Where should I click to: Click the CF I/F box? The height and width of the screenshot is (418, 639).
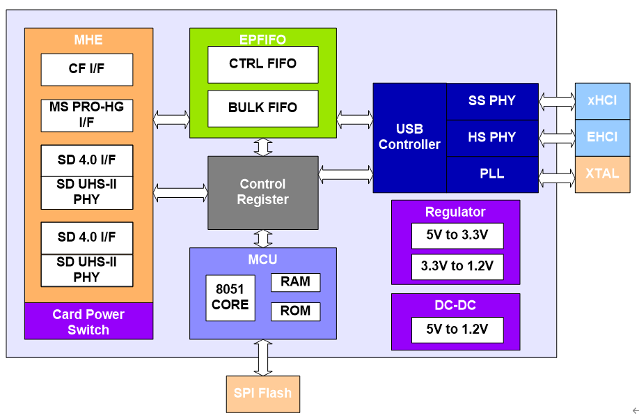[87, 70]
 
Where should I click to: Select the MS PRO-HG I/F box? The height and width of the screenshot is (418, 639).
[87, 116]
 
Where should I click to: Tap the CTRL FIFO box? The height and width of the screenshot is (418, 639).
[263, 64]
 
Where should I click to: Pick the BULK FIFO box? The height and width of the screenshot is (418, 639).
[263, 109]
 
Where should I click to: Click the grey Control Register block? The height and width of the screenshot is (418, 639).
[263, 192]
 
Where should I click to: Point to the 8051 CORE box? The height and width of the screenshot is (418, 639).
[230, 297]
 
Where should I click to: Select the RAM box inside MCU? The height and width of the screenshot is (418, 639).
[295, 282]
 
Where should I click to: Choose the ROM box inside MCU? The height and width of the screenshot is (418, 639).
[295, 311]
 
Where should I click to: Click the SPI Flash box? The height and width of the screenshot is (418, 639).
[263, 394]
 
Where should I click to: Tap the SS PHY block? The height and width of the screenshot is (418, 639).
[492, 102]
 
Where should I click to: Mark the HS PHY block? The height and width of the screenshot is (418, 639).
[492, 138]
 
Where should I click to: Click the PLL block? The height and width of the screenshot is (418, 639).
[492, 175]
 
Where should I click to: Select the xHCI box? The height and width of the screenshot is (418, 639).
[602, 101]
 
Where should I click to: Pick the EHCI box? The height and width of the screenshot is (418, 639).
[602, 138]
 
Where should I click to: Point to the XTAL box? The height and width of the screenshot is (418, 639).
[602, 175]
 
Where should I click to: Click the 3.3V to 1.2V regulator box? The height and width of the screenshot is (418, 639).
[457, 267]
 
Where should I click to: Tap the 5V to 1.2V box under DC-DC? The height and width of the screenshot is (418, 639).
[457, 330]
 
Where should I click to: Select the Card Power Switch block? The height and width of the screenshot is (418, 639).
[89, 321]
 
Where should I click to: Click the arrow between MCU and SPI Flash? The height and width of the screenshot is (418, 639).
[263, 357]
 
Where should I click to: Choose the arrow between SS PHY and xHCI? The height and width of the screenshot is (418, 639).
[557, 102]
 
